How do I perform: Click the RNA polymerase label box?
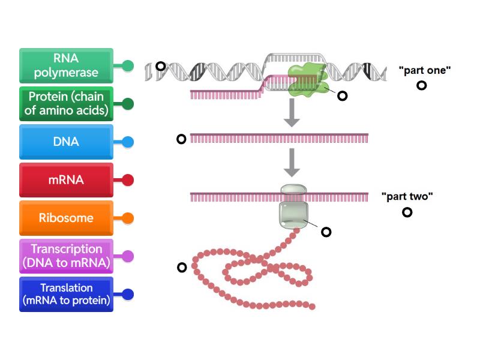(66, 66)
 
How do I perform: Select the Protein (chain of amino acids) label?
(66, 104)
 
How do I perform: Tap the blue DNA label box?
(66, 142)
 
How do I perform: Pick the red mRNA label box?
(66, 180)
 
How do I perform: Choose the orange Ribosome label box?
(66, 218)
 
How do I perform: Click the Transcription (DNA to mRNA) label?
(66, 256)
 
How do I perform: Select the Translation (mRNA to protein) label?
(66, 294)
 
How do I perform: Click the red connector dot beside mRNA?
(128, 180)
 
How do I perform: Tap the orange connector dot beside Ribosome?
(128, 218)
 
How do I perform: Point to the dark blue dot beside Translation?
(128, 295)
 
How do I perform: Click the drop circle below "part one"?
(422, 85)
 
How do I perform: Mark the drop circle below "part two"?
(407, 212)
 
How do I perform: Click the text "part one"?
(424, 70)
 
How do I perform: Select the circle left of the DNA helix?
(160, 66)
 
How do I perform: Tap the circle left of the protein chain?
(182, 268)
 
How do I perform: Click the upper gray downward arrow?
(292, 113)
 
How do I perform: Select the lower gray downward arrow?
(292, 163)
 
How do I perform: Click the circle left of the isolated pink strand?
(181, 139)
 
